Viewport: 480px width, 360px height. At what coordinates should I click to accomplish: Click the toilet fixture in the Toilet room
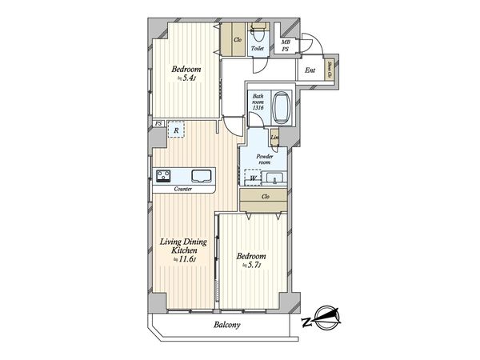[257, 36]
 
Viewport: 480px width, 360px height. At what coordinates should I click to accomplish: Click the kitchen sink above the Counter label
[202, 175]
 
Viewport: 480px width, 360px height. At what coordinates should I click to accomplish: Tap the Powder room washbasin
[275, 178]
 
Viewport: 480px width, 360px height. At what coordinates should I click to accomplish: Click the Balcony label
[228, 326]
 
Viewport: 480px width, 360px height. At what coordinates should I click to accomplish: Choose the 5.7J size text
[251, 267]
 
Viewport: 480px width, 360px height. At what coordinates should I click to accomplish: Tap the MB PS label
[286, 46]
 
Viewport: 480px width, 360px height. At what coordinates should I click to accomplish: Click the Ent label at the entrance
[310, 70]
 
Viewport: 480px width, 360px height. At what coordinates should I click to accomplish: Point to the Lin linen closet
[274, 141]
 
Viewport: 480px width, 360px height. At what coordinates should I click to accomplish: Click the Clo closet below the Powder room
[265, 197]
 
